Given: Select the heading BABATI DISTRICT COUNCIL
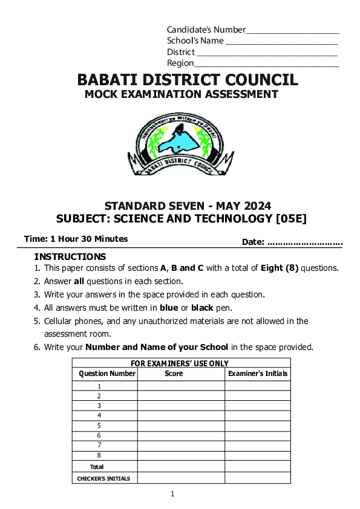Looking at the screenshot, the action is pos(188,80).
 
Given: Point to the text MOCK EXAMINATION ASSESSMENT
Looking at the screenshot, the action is pos(182,94).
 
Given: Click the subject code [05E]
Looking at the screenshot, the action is pos(291,218).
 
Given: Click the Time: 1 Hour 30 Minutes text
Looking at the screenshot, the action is pos(76,239).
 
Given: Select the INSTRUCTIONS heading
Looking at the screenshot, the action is pos(70,257).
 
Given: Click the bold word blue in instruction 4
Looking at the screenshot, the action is pos(169,308).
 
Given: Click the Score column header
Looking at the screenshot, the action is pos(174,374).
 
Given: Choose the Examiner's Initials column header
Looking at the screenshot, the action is pos(258,374).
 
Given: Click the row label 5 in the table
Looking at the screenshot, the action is pos(99,426).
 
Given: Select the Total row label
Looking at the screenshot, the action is pos(97,467).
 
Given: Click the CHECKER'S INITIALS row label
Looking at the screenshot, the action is pos(103,478).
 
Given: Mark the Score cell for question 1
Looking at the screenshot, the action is pos(181,386).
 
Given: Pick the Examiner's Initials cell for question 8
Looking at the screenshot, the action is pos(258,455).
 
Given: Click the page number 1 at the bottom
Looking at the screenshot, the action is pos(172,494).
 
